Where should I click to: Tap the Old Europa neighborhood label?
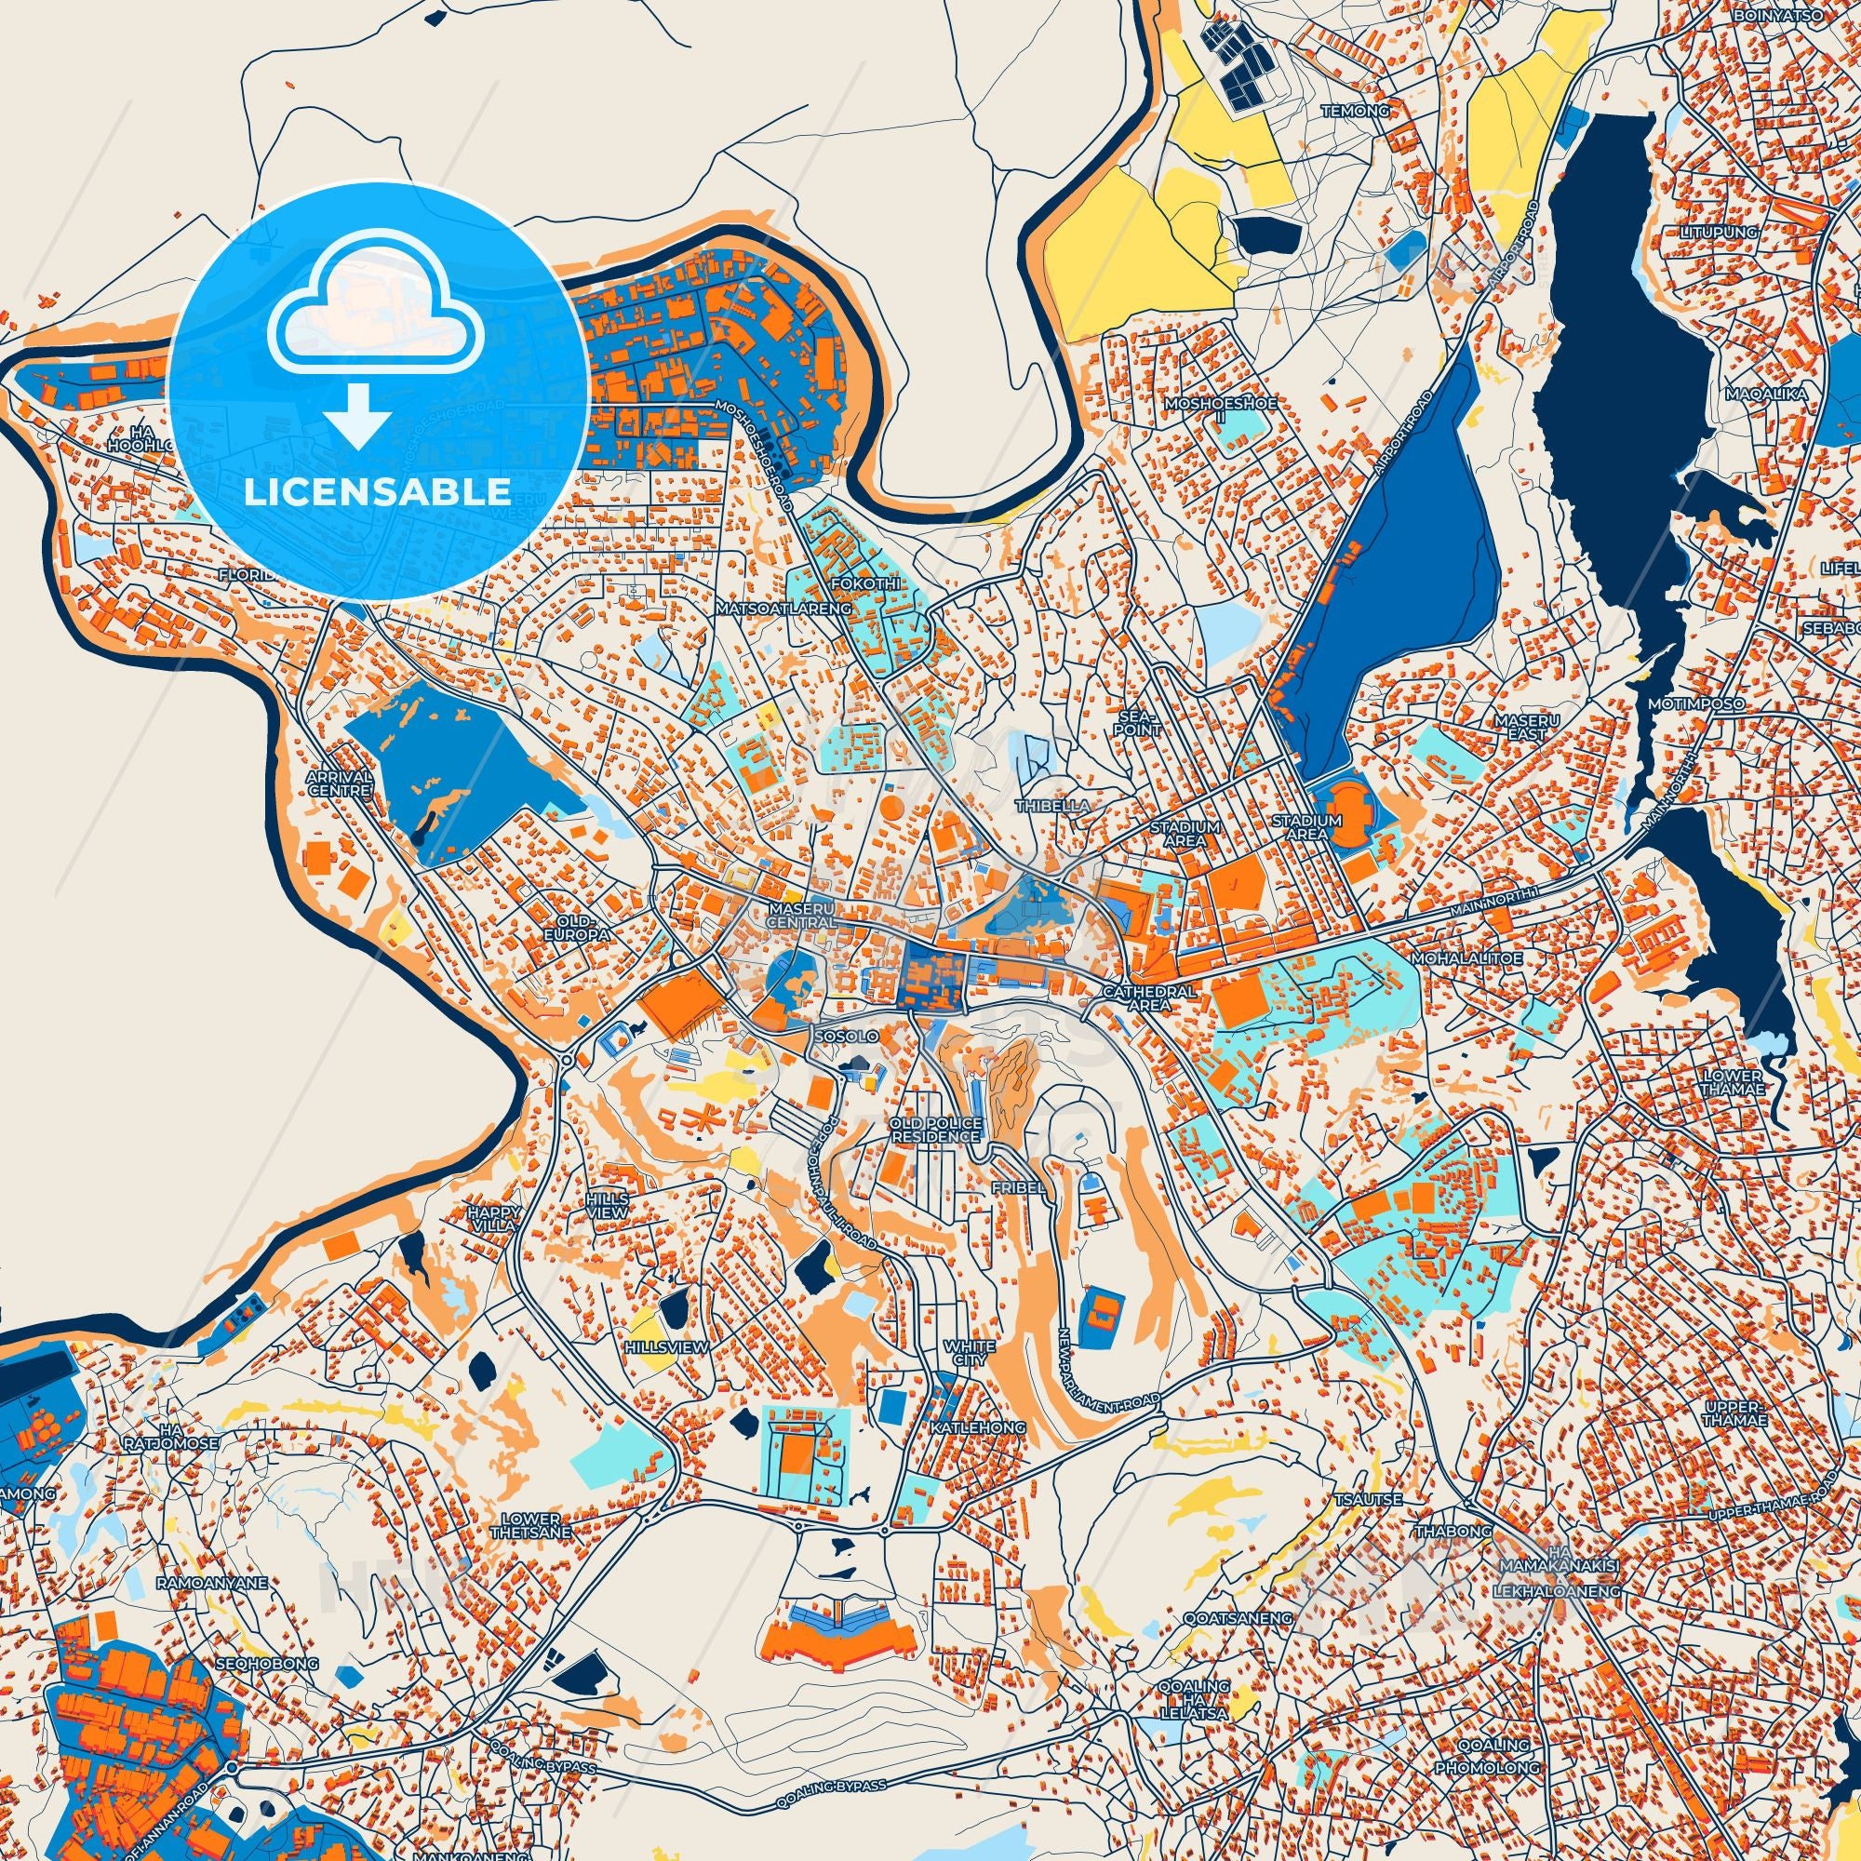click(x=577, y=929)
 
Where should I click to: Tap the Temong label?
click(x=1357, y=111)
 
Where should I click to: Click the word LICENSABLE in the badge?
click(x=377, y=491)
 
